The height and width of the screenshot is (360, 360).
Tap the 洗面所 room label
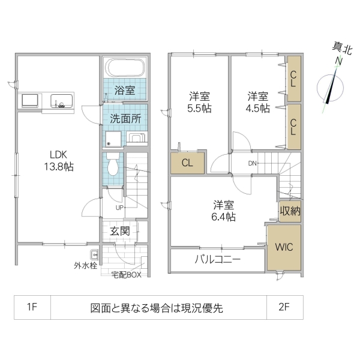[x=125, y=119]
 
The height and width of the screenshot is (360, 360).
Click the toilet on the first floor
[x=113, y=164]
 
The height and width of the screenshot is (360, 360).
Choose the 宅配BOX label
[x=126, y=275]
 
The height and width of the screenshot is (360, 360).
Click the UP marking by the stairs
[x=119, y=207]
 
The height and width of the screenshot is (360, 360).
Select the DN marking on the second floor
[x=253, y=163]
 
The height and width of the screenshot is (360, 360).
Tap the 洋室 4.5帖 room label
[x=259, y=101]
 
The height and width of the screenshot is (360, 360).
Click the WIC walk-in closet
[x=283, y=247]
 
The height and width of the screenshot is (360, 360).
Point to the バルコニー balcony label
[x=217, y=260]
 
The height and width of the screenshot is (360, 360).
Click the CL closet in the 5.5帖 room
[x=187, y=163]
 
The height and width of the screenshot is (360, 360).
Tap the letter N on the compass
[x=338, y=61]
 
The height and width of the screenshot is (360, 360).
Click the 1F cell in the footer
[x=32, y=308]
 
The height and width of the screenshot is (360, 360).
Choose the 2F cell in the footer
[x=284, y=308]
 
